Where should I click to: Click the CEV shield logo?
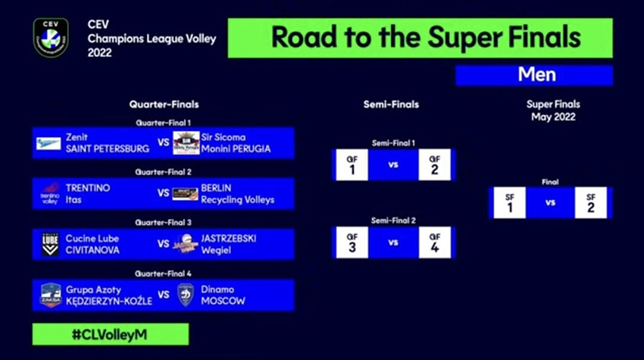[51, 38]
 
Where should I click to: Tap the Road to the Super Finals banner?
[426, 38]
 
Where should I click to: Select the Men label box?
[534, 75]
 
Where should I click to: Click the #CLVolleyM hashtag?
[110, 334]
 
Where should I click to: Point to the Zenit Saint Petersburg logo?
[49, 143]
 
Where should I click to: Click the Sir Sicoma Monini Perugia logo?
[186, 143]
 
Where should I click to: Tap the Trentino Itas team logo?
[49, 193]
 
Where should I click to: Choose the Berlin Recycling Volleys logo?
[186, 194]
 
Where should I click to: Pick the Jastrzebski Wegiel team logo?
[186, 244]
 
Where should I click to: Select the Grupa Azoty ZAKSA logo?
[50, 295]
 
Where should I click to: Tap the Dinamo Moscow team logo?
[186, 295]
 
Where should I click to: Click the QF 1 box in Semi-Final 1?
[352, 164]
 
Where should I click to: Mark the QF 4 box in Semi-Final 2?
[434, 243]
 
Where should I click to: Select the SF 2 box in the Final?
[590, 202]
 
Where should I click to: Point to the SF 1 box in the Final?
[509, 202]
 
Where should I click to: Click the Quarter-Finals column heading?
[164, 105]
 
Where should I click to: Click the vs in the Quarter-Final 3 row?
[163, 244]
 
